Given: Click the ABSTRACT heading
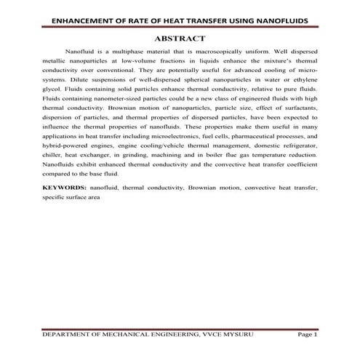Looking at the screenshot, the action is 180,38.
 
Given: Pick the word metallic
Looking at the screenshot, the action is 54,63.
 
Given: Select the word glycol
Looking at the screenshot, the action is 52,94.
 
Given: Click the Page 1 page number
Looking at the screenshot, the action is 308,334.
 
